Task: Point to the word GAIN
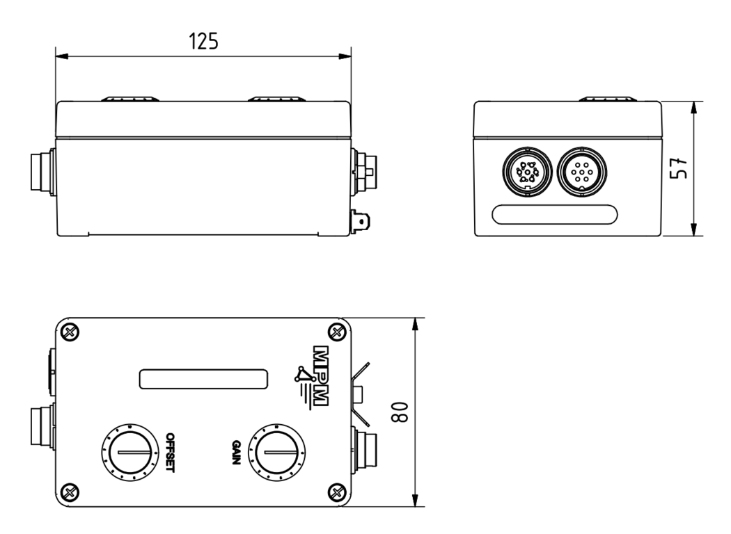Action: (x=236, y=453)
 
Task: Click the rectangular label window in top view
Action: (x=204, y=379)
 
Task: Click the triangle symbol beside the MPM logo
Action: (x=302, y=376)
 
